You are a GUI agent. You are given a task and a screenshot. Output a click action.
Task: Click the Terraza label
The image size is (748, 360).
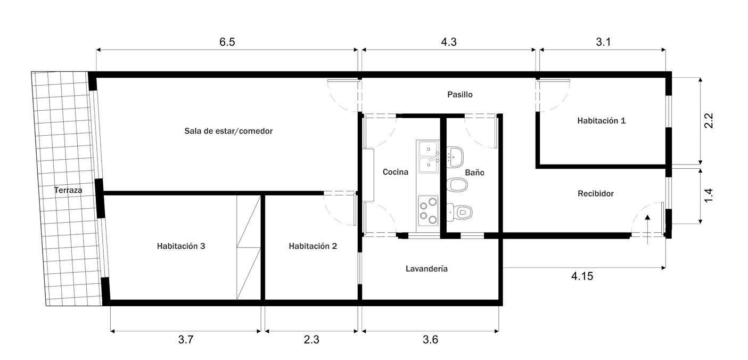pyautogui.click(x=68, y=190)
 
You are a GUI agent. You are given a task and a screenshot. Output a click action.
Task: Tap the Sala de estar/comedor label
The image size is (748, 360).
pyautogui.click(x=228, y=131)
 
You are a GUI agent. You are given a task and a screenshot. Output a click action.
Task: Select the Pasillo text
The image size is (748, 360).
pyautogui.click(x=460, y=94)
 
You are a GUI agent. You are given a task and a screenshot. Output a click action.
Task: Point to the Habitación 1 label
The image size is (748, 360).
pyautogui.click(x=602, y=120)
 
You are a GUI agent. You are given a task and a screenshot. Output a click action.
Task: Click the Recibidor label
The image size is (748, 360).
pyautogui.click(x=596, y=193)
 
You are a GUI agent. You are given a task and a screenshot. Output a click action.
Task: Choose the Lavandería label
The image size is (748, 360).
pyautogui.click(x=426, y=268)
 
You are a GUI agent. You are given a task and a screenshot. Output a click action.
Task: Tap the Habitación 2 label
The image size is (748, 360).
pyautogui.click(x=313, y=246)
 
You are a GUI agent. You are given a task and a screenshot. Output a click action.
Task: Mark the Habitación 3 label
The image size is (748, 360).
pyautogui.click(x=181, y=246)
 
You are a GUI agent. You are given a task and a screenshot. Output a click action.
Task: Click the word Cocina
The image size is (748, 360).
pyautogui.click(x=396, y=172)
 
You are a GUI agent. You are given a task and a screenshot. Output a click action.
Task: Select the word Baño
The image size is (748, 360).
pyautogui.click(x=474, y=173)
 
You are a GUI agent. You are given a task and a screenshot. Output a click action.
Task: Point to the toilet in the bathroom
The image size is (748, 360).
pyautogui.click(x=459, y=212)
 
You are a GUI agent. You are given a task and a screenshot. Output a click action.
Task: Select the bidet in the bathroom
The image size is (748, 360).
pyautogui.click(x=457, y=185)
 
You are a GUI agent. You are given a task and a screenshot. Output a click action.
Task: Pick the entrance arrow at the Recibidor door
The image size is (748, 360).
pyautogui.click(x=647, y=230)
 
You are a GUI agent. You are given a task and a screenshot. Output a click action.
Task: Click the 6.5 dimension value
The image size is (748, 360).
pyautogui.click(x=227, y=42)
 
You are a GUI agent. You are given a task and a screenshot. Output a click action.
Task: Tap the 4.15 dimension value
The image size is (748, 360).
pyautogui.click(x=582, y=276)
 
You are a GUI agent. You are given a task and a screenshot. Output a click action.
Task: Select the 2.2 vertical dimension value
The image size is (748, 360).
pyautogui.click(x=708, y=121)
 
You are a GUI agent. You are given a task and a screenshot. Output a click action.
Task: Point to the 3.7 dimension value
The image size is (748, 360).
pyautogui.click(x=186, y=340)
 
